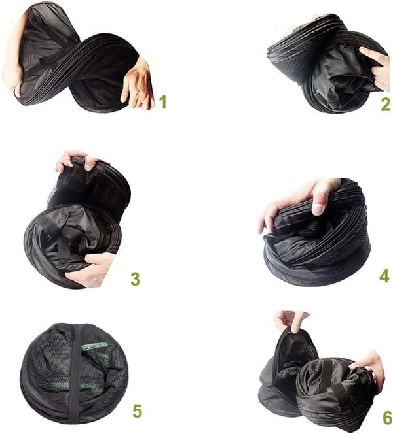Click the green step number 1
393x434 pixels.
click(x=163, y=101)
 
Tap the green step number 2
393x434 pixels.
click(x=386, y=105)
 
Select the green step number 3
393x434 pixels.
click(x=135, y=279)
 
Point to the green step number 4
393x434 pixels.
click(x=384, y=276)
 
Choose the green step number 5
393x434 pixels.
click(x=138, y=410)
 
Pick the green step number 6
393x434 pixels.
click(x=388, y=418)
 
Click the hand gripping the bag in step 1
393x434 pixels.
click(x=138, y=85)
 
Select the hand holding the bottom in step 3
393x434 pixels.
click(x=92, y=270)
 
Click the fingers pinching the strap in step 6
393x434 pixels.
click(x=291, y=321)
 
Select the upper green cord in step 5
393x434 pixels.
click(x=94, y=346)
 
